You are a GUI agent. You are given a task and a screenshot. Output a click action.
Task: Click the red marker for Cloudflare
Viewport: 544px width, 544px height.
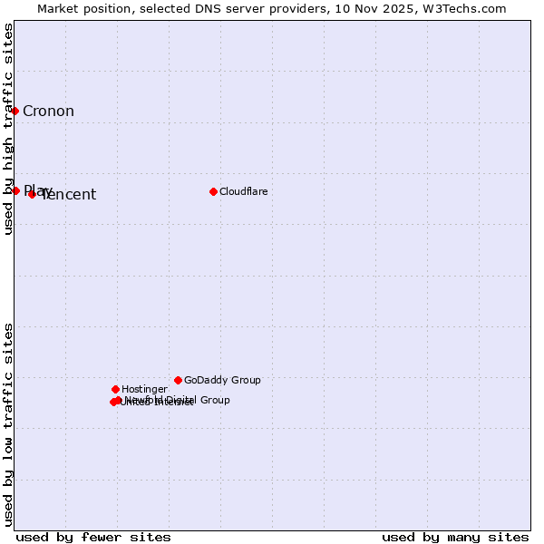tap(213, 191)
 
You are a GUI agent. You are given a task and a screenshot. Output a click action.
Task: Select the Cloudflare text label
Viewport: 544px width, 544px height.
tap(243, 191)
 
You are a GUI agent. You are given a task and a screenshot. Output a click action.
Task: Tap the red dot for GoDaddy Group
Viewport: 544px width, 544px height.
tap(178, 380)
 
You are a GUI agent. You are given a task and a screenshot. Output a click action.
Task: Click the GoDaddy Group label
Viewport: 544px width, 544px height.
tap(222, 380)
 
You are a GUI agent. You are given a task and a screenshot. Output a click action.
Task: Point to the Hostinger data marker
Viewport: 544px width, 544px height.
tap(115, 389)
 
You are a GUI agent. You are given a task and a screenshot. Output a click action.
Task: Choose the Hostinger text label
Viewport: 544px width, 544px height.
tap(144, 389)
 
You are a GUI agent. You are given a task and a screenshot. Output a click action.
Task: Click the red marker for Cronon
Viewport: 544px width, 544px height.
tap(15, 111)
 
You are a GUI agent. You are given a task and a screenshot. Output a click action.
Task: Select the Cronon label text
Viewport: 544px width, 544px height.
tap(48, 112)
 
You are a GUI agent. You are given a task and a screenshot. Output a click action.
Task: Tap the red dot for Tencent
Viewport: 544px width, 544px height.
tap(32, 194)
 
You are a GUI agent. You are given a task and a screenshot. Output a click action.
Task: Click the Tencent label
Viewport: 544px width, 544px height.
tap(70, 195)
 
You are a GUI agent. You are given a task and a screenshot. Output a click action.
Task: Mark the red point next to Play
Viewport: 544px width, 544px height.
tap(15, 190)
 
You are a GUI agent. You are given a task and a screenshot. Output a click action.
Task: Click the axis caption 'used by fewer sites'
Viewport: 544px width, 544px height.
tap(93, 537)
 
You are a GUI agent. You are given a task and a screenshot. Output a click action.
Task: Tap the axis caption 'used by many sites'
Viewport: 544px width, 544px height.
tap(455, 537)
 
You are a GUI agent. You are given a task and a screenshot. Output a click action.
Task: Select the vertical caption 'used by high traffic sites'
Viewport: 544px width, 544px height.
tap(8, 129)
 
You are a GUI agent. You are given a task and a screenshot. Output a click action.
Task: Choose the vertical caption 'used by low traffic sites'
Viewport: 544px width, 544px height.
tap(8, 424)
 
